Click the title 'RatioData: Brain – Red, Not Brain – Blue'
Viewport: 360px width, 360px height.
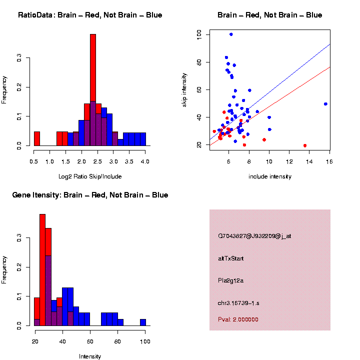[x=90, y=15]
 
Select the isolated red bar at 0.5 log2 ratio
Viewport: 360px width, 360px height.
[x=37, y=138]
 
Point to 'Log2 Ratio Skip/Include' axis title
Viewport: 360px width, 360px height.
[x=90, y=176]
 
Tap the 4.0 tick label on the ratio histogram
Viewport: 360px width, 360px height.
[x=145, y=162]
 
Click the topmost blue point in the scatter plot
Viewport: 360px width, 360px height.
[x=231, y=34]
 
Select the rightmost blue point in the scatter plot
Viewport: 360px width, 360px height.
[x=325, y=104]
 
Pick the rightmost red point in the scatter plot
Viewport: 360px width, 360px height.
[x=305, y=145]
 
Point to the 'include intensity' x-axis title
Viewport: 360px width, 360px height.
[x=269, y=176]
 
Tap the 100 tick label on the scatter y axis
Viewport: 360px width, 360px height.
[x=199, y=34]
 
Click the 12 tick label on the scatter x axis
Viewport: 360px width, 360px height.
[x=289, y=162]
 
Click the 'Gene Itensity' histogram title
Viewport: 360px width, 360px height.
[x=90, y=195]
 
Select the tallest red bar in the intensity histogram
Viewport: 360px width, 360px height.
[x=42, y=270]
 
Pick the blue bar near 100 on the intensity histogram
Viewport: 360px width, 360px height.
[x=143, y=322]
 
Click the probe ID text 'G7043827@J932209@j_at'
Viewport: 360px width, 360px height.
[x=254, y=236]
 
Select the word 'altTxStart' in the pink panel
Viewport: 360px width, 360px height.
[x=231, y=258]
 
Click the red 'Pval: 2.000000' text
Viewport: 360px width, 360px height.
[x=238, y=319]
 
